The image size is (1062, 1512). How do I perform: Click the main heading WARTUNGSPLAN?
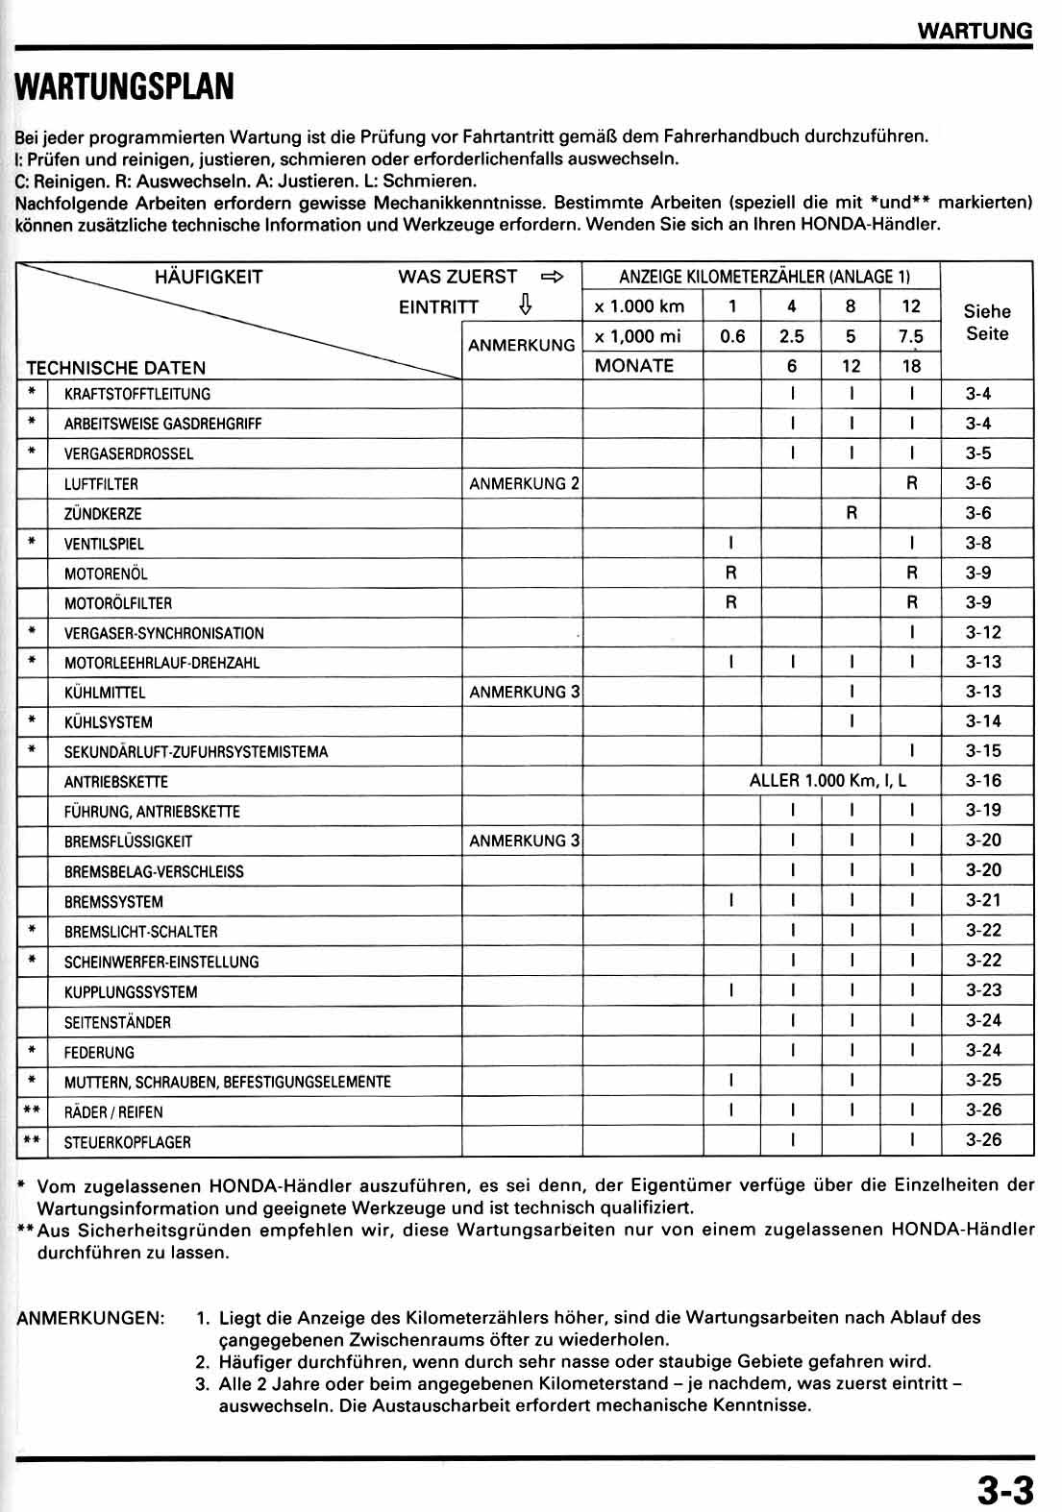[125, 86]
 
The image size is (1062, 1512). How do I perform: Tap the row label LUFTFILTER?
[101, 484]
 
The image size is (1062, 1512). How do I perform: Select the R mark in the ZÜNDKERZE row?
[852, 513]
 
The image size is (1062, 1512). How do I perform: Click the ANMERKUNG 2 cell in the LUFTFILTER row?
[524, 483]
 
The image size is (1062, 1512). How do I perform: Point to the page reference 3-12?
[983, 632]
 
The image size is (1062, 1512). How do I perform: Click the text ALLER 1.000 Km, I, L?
[827, 780]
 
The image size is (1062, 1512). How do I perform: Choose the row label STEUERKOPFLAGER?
[127, 1142]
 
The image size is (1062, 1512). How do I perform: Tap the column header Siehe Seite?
[987, 323]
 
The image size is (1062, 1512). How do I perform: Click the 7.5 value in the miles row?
[911, 336]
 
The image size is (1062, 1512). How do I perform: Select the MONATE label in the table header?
[634, 365]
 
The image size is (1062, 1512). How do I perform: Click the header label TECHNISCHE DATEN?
[115, 367]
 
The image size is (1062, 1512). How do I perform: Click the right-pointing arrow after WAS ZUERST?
[552, 277]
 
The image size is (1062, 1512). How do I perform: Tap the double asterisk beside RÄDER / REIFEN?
[32, 1111]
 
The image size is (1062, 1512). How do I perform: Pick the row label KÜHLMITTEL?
[105, 693]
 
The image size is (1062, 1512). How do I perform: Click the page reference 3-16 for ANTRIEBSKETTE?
[983, 780]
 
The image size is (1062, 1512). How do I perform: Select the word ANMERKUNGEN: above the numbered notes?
[90, 1318]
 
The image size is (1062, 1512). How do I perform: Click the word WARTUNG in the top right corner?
[975, 30]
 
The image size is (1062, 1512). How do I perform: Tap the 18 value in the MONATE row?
[911, 365]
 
